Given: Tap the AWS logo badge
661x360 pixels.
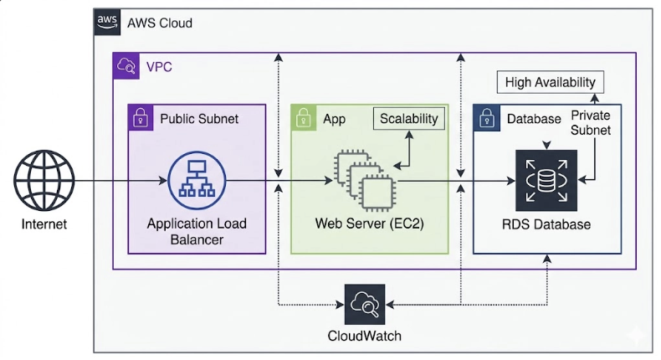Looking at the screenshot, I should coord(106,22).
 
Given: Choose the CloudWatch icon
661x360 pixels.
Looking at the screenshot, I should coord(366,304).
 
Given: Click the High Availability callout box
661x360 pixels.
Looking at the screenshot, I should coord(550,82).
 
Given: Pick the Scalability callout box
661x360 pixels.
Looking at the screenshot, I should coord(408,118).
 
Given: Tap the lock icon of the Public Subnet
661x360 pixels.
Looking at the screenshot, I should coord(140,118).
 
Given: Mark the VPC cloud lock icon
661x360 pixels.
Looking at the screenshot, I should coord(126,65).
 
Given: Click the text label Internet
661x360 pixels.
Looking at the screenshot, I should coord(44,224).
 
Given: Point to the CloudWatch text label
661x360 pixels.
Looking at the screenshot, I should coord(366,337).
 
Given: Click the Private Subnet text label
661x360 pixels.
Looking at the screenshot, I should coord(591,123).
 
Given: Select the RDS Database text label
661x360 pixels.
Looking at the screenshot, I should coord(546,224).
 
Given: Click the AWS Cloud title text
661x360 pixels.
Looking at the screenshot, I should coord(159,23).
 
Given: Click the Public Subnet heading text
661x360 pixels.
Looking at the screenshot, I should coord(199,119).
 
